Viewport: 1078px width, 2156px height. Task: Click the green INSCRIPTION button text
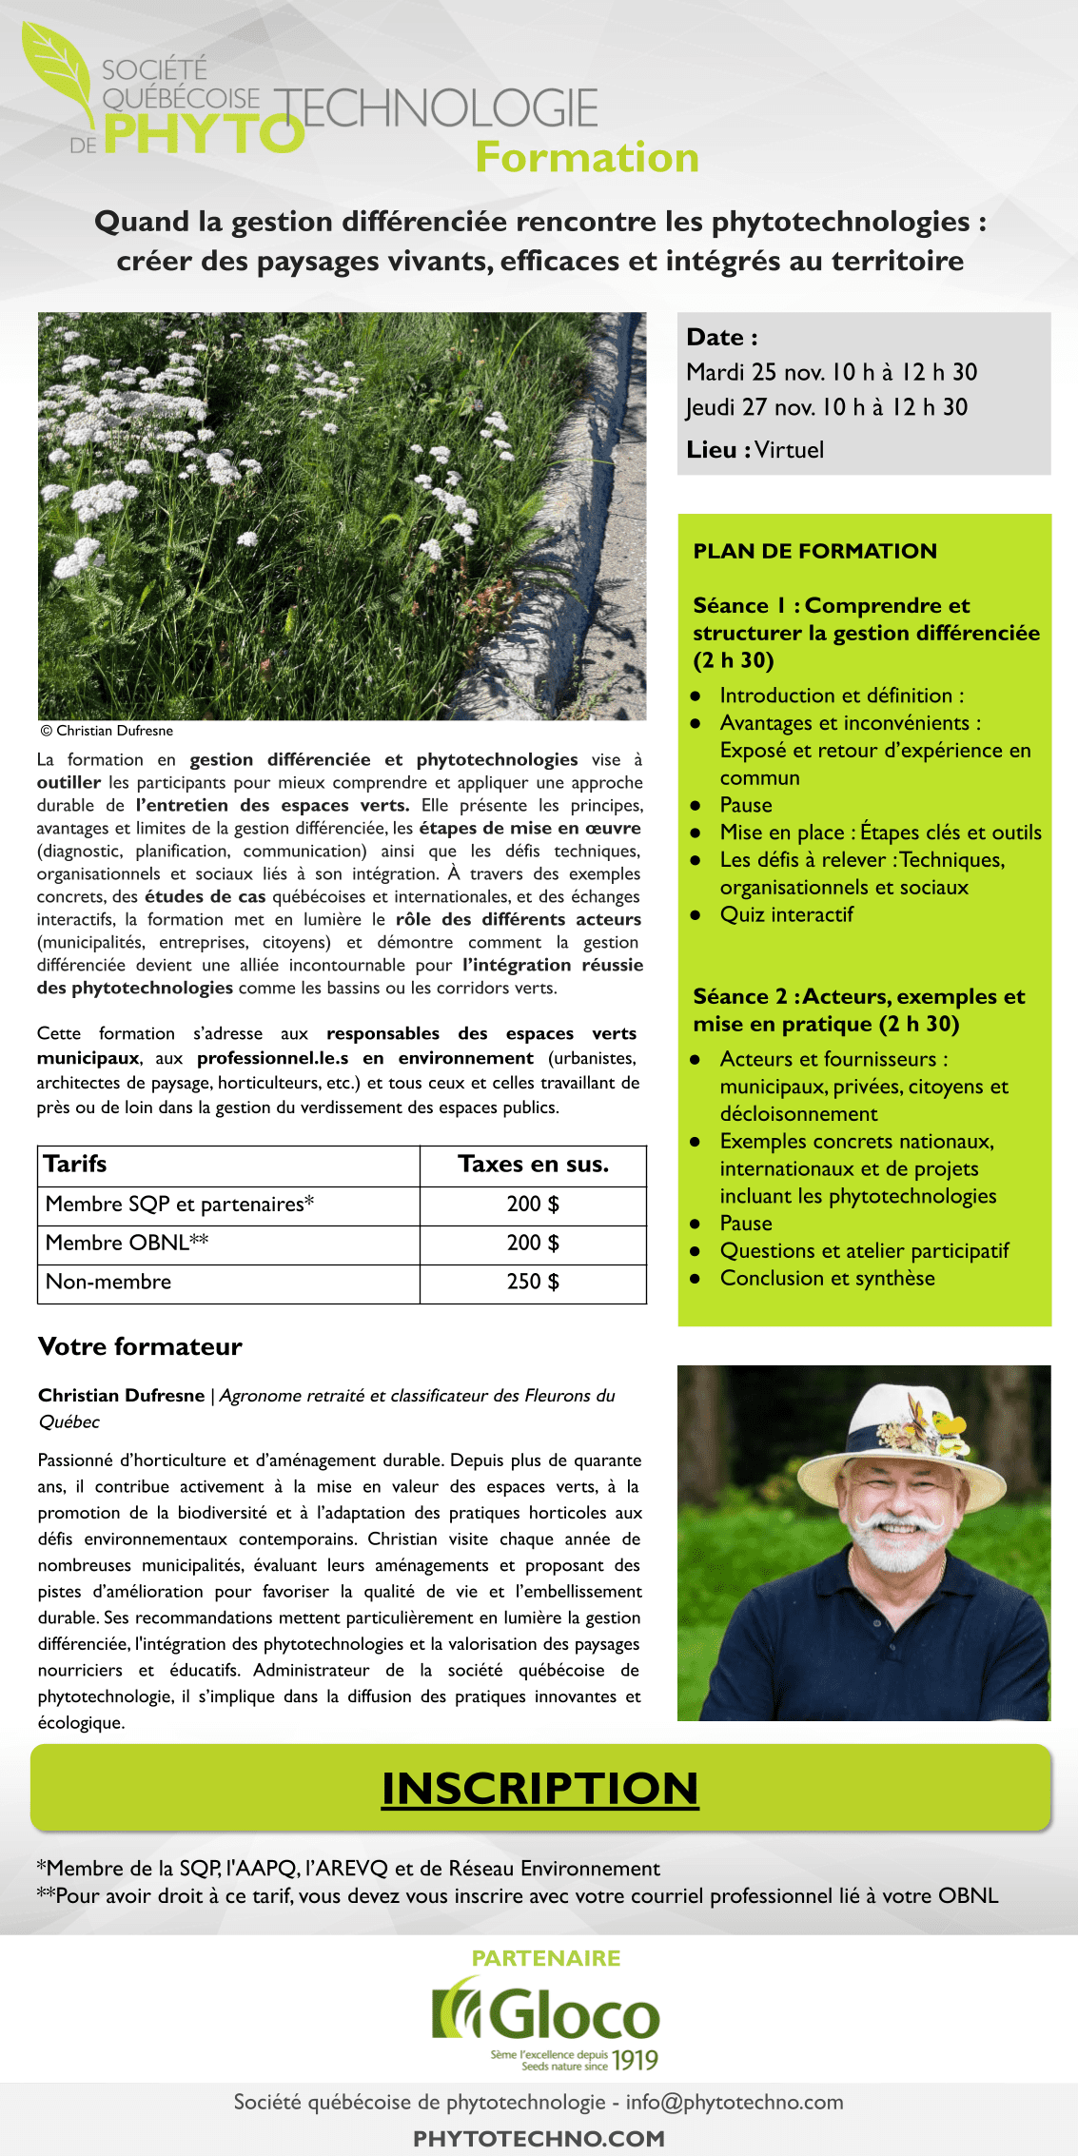point(539,1789)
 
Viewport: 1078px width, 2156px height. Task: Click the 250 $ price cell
point(533,1282)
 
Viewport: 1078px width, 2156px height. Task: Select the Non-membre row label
point(108,1282)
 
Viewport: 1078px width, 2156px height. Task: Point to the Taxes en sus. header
point(533,1165)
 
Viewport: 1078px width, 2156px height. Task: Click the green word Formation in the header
point(587,158)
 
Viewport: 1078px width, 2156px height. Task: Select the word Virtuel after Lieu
point(790,450)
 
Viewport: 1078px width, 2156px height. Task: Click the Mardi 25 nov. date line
point(832,372)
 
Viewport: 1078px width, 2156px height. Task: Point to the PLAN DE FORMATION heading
point(814,551)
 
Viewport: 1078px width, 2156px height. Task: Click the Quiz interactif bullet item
point(786,915)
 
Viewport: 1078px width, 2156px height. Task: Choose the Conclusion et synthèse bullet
point(827,1279)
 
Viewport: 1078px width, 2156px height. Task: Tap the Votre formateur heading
point(140,1346)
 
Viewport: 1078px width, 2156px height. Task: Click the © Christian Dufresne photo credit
point(107,731)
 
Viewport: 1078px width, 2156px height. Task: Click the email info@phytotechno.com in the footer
point(734,2102)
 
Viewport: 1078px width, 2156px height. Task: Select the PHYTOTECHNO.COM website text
point(539,2139)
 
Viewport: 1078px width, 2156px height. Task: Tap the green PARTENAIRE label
point(546,1958)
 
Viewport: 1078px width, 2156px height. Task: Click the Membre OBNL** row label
point(127,1243)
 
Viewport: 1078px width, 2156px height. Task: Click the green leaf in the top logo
point(62,71)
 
